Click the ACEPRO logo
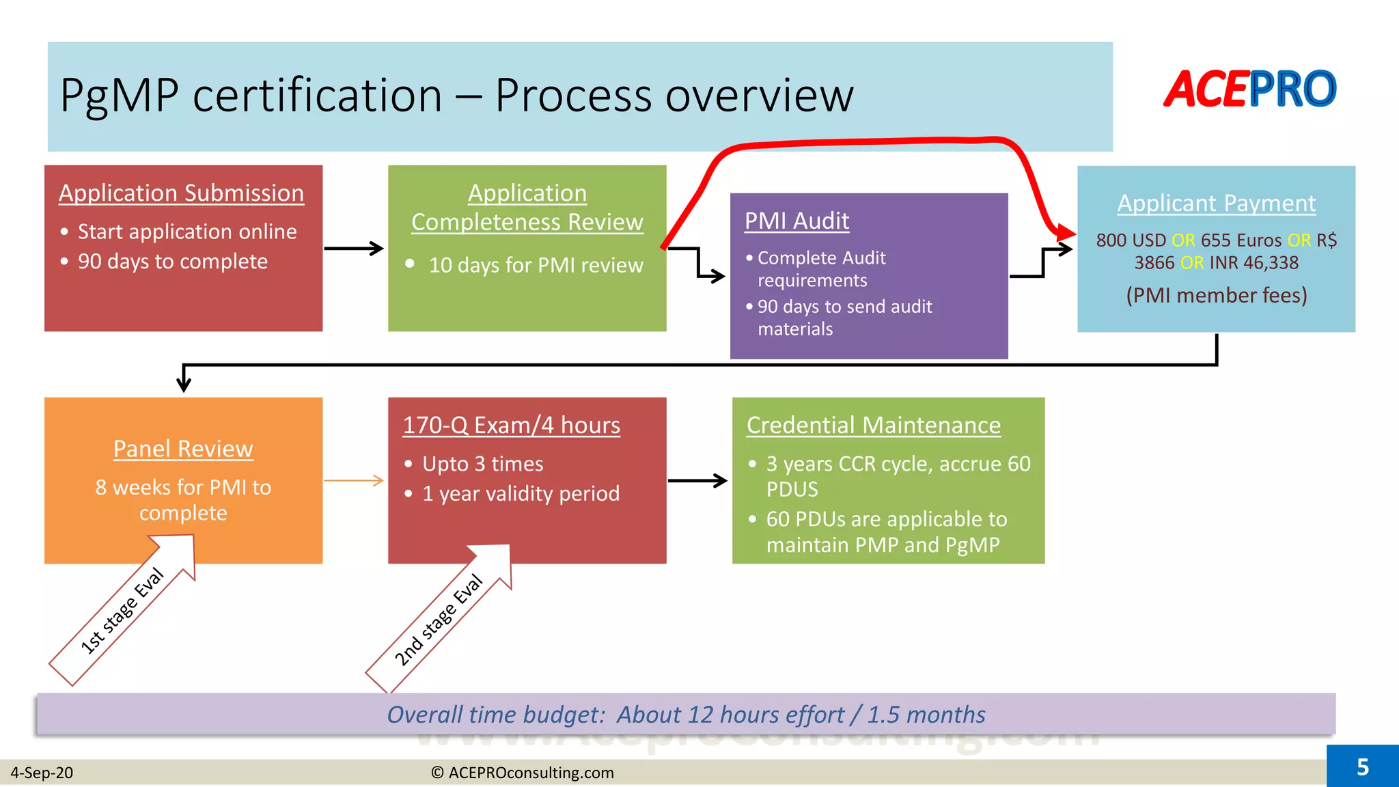coord(1249,89)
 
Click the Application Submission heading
coord(181,193)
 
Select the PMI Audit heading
coord(797,221)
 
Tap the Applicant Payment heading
coord(1216,204)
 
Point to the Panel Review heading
coord(183,449)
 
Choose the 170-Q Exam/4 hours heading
coord(511,426)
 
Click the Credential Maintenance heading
coord(873,426)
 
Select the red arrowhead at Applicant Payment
coord(1064,233)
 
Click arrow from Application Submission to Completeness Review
coord(354,249)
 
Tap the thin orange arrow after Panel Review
coord(354,481)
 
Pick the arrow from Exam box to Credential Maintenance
coord(697,481)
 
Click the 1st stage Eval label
coord(122,611)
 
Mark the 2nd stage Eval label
coord(438,620)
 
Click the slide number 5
coord(1362,767)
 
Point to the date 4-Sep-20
coord(42,773)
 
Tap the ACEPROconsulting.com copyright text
coord(523,773)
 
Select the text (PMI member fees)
coord(1216,295)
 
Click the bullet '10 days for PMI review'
coord(536,265)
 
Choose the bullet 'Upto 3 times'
coord(482,464)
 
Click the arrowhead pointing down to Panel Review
coord(183,384)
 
